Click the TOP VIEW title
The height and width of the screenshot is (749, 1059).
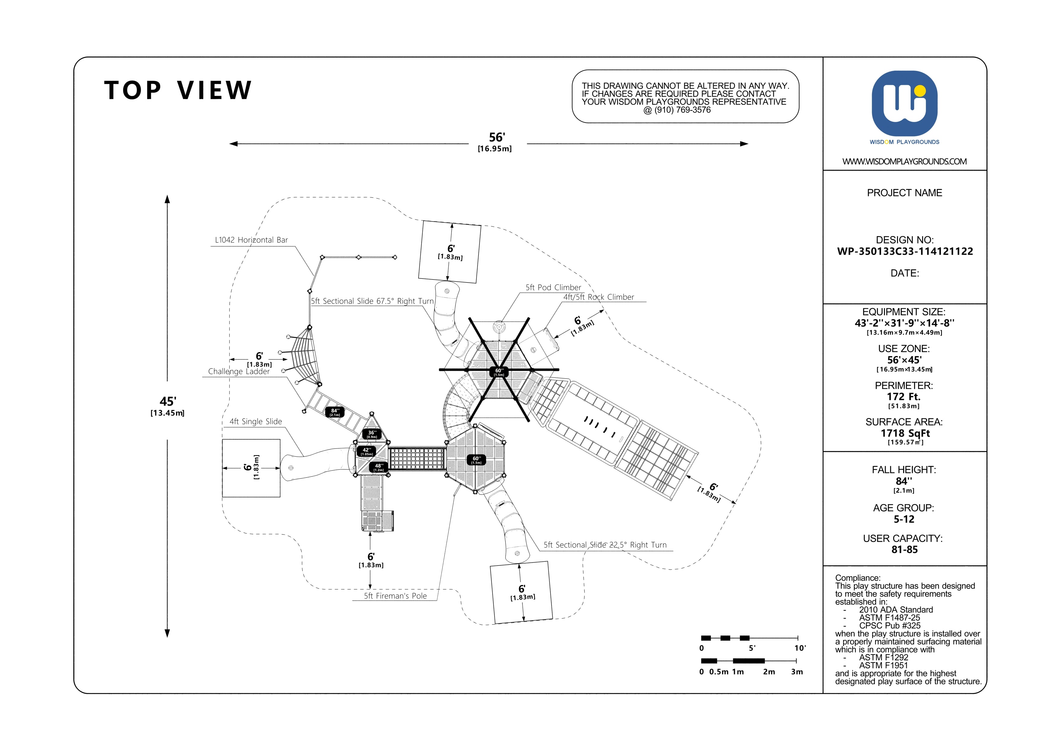coord(178,90)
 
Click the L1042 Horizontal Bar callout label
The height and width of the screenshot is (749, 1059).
coord(251,240)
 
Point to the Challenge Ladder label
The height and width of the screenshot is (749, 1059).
coord(239,371)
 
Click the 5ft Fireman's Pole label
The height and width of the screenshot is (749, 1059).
coord(395,596)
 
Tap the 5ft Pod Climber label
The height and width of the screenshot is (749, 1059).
coord(554,287)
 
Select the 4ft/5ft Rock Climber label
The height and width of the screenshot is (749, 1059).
coord(599,297)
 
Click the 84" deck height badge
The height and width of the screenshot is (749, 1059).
coord(335,412)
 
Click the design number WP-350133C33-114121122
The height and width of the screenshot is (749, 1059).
coord(905,251)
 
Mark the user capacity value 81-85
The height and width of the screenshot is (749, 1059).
coord(904,550)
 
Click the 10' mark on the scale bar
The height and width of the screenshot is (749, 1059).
coord(800,648)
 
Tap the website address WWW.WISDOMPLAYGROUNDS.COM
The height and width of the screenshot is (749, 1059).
coord(904,161)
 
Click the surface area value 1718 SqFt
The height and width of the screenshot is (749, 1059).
coord(905,433)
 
